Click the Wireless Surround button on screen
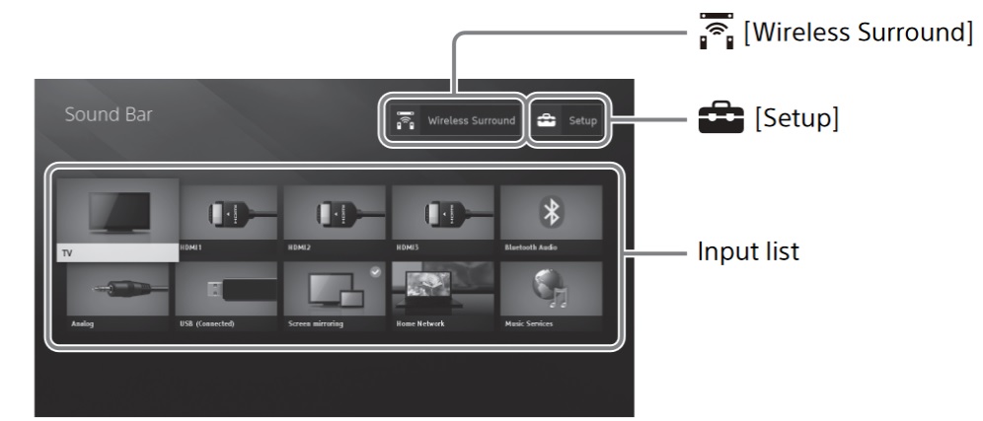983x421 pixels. pyautogui.click(x=455, y=120)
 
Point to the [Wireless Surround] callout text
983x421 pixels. pyautogui.click(x=855, y=34)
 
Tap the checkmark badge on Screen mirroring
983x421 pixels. pyautogui.click(x=375, y=271)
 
